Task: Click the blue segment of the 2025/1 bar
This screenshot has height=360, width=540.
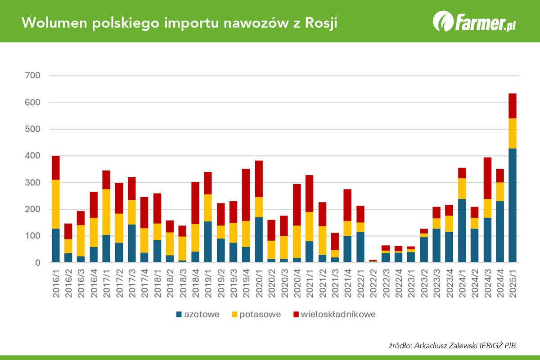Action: click(513, 205)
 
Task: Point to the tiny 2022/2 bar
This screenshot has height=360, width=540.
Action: click(373, 261)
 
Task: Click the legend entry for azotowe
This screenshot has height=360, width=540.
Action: click(198, 315)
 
